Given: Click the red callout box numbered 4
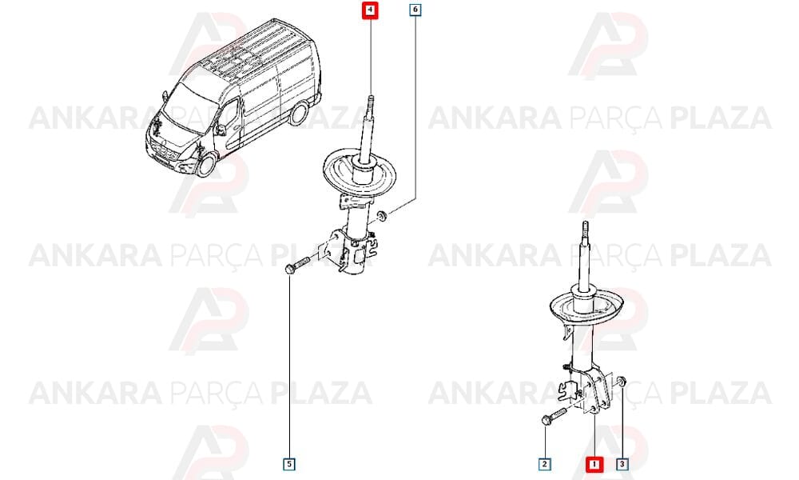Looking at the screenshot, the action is click(371, 10).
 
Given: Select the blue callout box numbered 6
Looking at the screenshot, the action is click(415, 10).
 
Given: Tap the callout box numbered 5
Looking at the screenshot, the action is click(289, 464).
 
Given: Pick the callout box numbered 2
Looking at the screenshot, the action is click(545, 464).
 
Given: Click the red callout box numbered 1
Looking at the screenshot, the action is click(594, 464).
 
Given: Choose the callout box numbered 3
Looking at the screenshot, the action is click(622, 464).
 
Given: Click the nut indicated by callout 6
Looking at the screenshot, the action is click(382, 216).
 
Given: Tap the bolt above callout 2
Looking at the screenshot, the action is click(554, 416).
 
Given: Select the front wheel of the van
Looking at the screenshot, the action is click(206, 164).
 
